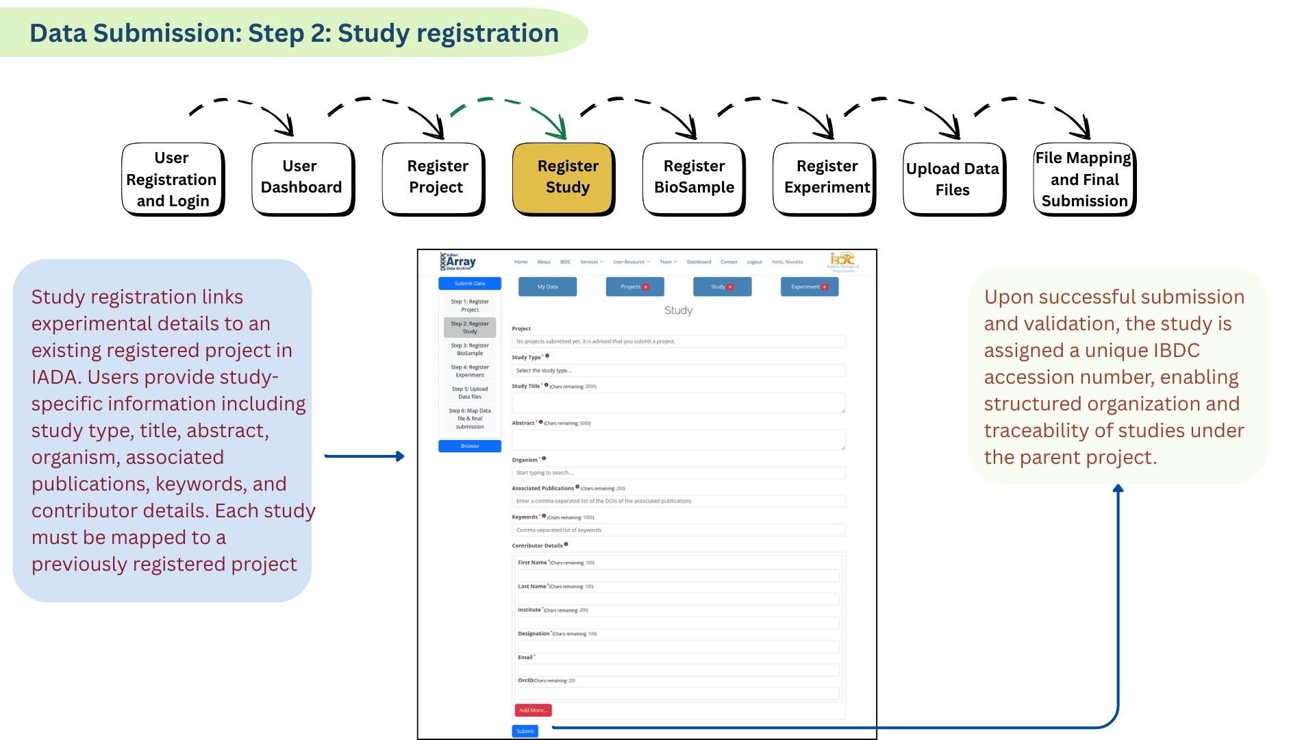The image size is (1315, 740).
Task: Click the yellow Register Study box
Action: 563,178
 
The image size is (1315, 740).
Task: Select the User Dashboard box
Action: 302,178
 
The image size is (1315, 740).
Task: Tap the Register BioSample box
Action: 693,178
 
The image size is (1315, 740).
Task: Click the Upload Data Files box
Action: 953,180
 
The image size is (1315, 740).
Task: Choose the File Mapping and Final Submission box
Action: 1084,180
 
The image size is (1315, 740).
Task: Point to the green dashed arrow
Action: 508,110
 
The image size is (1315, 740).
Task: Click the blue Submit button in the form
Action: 525,731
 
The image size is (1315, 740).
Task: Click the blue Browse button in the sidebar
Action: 470,446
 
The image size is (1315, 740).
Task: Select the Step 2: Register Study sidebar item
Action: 470,328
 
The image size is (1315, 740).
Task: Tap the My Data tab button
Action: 547,286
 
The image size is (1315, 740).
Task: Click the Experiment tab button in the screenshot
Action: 809,286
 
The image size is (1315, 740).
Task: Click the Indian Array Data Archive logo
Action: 458,262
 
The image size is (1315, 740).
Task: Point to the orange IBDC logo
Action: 842,261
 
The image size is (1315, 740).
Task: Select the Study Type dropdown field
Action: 678,371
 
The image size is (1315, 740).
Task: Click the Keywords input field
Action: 678,530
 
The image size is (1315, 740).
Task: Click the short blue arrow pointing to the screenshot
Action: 364,456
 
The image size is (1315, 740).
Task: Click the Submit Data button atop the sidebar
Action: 470,283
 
